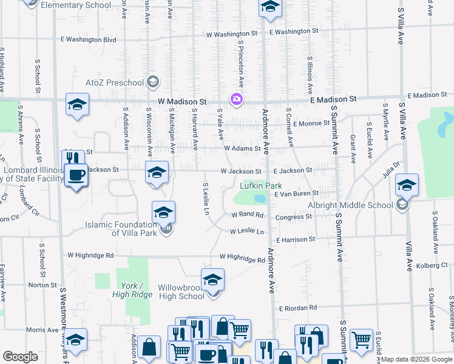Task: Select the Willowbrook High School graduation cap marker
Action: click(212, 280)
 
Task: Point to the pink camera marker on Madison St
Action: click(236, 99)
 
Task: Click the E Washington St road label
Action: click(294, 31)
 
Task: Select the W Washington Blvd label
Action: click(88, 39)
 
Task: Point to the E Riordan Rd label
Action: click(297, 308)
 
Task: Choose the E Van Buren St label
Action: click(296, 194)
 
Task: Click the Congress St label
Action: click(294, 217)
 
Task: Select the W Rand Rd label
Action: click(247, 215)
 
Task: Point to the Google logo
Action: click(20, 357)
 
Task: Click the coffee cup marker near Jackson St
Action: click(76, 176)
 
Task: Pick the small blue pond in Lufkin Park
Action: click(260, 198)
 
